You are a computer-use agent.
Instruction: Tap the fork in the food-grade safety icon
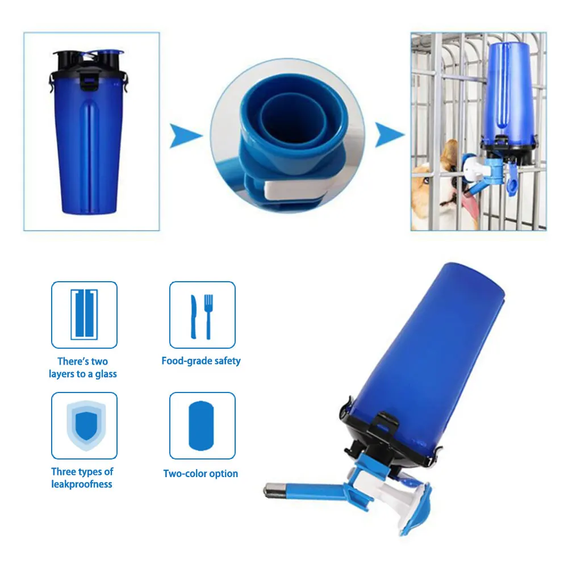pos(208,315)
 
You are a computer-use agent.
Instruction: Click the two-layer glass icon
pos(84,314)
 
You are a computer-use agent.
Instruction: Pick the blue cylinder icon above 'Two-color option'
pos(202,425)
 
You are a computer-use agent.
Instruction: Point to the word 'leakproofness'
pos(82,484)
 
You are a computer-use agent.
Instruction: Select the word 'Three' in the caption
pos(64,471)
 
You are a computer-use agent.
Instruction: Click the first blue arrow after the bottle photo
pos(186,136)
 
